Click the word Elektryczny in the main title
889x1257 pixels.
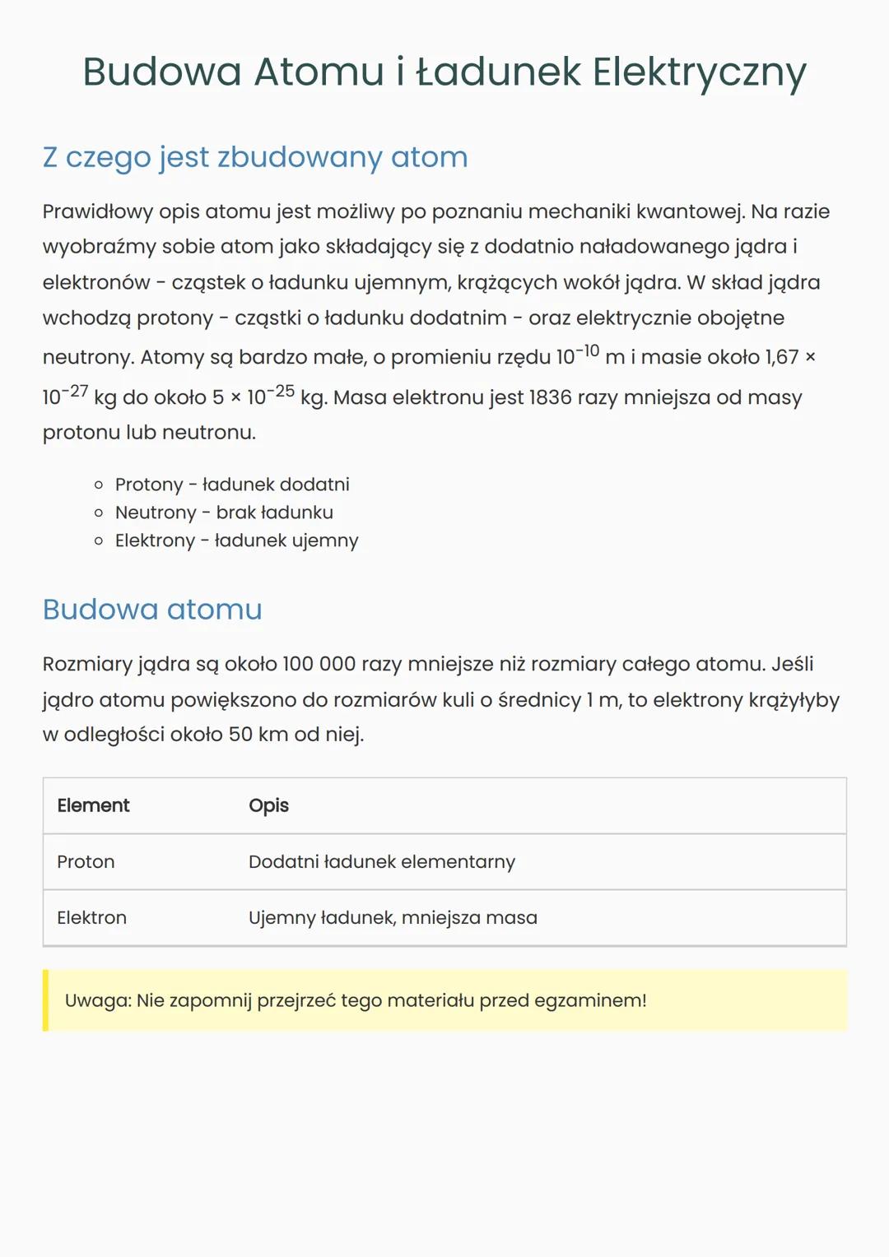(x=699, y=72)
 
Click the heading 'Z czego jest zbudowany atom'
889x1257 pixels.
(x=255, y=157)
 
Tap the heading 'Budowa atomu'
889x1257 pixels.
(x=152, y=610)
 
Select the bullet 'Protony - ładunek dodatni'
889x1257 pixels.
(x=232, y=485)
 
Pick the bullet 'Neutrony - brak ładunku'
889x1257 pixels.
(x=224, y=513)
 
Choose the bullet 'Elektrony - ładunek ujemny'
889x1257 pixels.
(x=237, y=540)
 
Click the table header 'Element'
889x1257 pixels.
(x=93, y=806)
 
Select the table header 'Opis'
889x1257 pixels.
(x=268, y=806)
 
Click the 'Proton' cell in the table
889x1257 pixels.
(x=86, y=862)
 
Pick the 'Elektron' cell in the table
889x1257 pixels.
(x=91, y=918)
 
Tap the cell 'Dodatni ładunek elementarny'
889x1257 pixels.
(x=382, y=862)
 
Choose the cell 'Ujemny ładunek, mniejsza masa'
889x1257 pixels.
(x=393, y=918)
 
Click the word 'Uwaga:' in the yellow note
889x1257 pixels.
(x=98, y=1001)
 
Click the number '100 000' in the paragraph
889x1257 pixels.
(x=319, y=665)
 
